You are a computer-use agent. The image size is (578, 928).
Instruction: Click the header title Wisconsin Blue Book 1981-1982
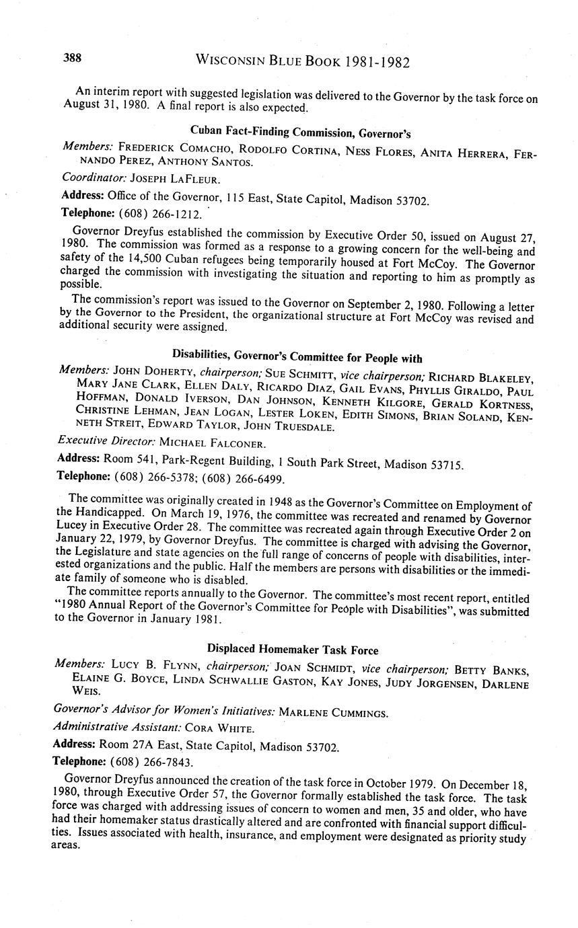click(302, 62)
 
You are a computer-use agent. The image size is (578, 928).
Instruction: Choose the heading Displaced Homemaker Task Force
click(292, 650)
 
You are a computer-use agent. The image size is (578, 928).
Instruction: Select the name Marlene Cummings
click(329, 711)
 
